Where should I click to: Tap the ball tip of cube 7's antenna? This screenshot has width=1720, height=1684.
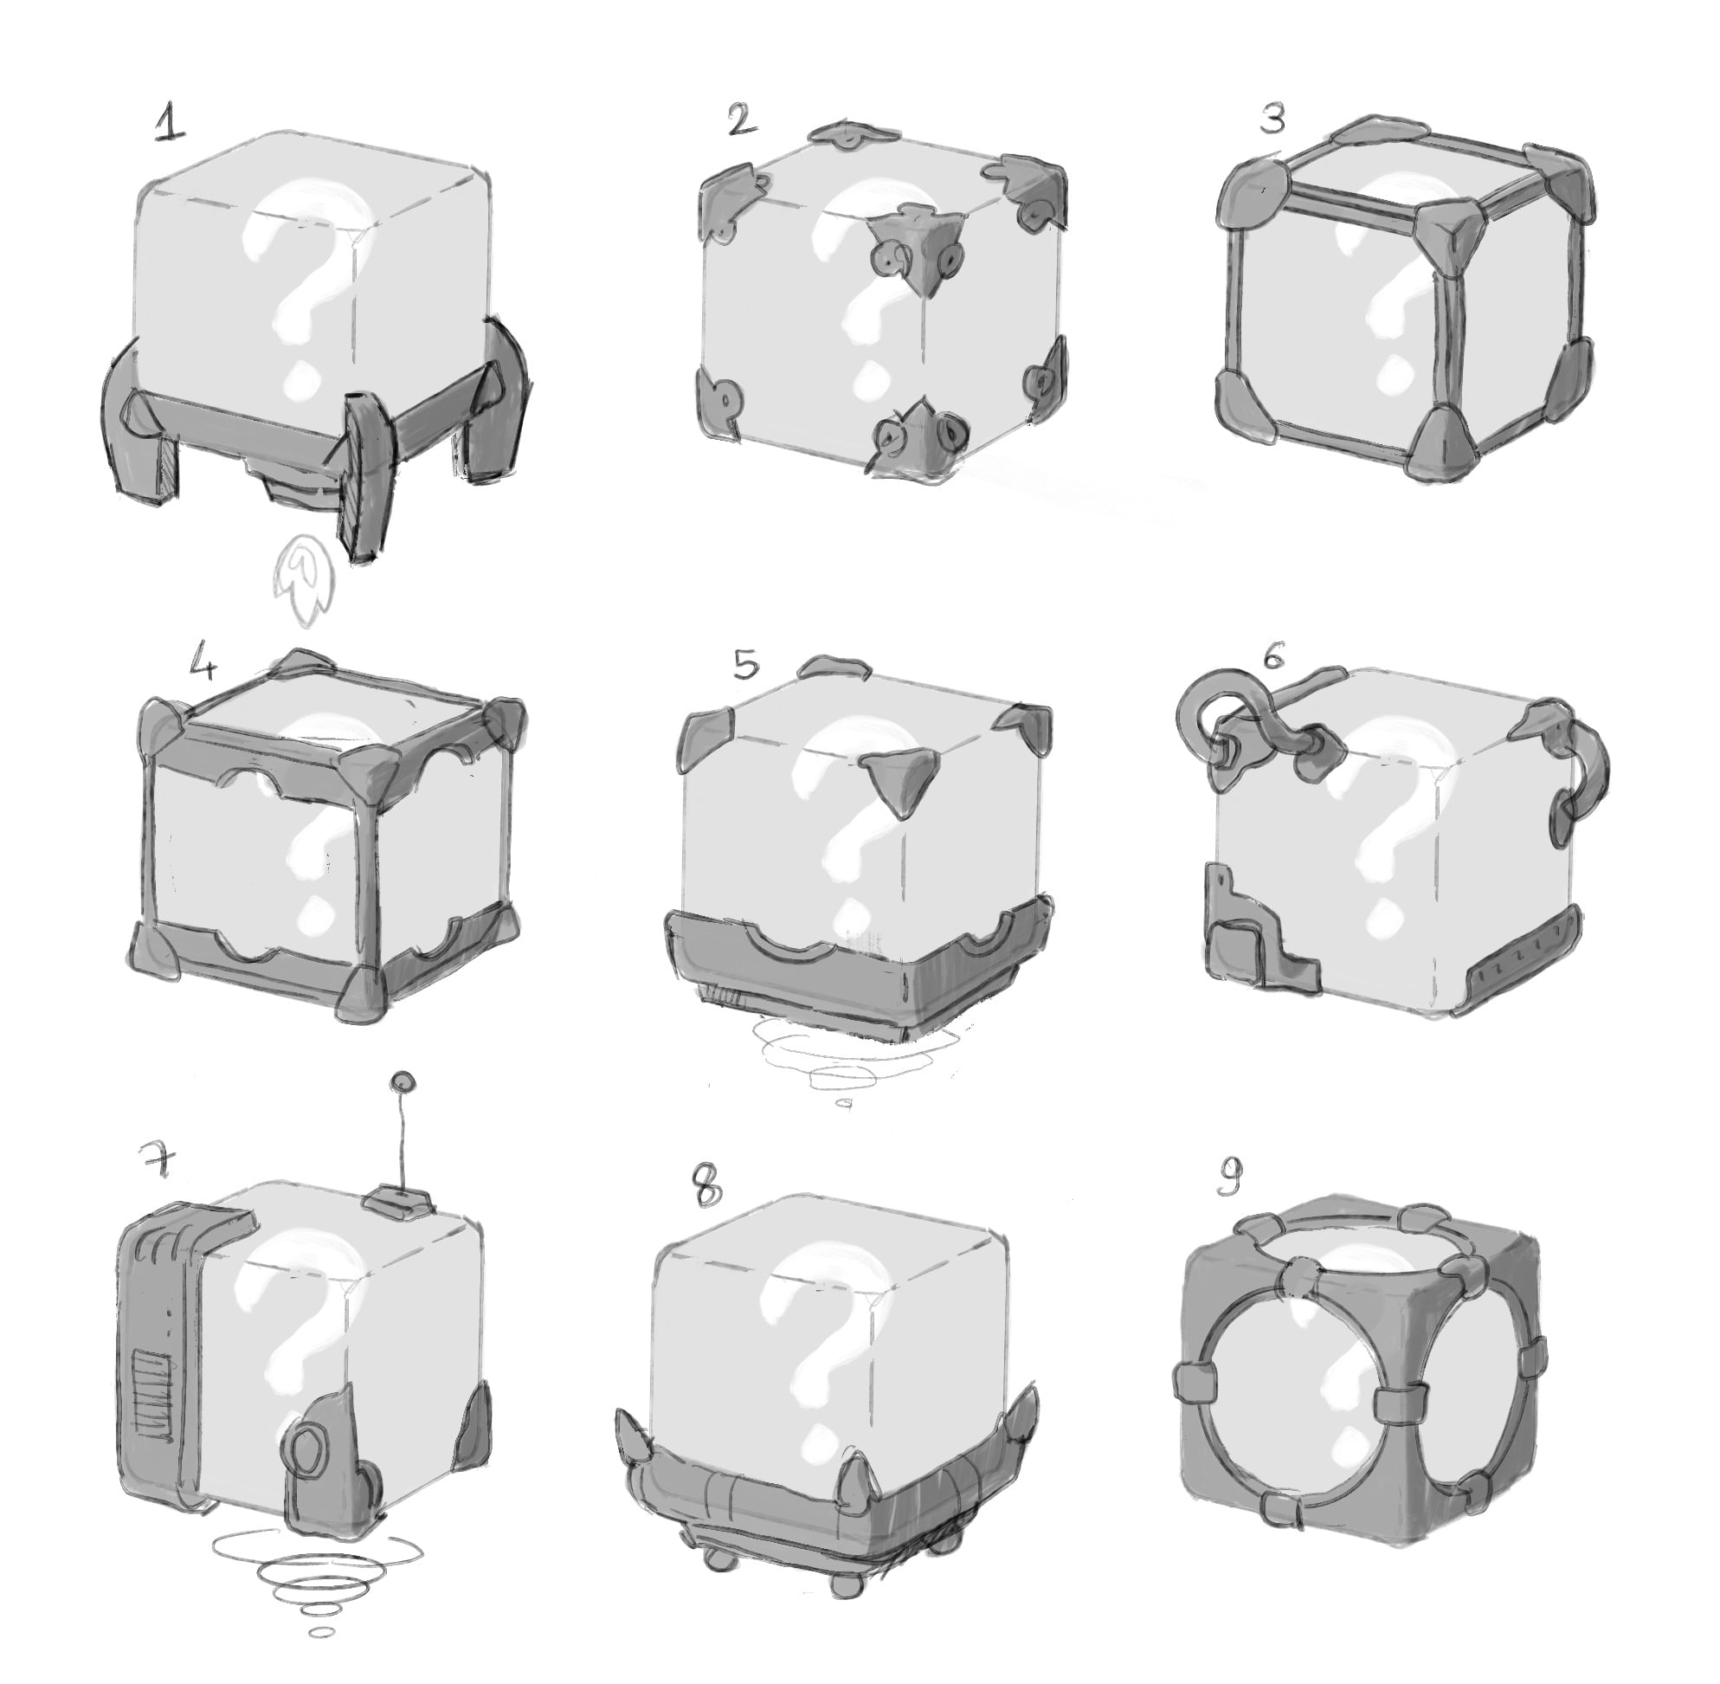(x=403, y=1081)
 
